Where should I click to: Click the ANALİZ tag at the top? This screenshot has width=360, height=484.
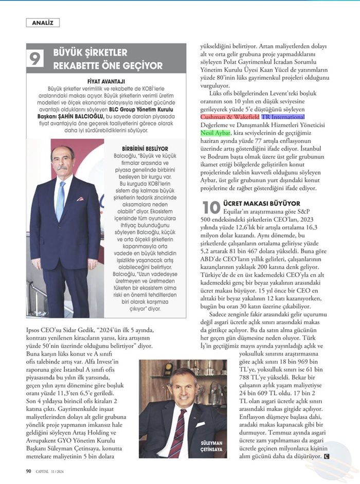point(43,23)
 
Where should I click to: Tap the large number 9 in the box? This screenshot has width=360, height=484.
point(37,59)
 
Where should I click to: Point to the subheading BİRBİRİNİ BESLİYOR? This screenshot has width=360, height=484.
point(136,148)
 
